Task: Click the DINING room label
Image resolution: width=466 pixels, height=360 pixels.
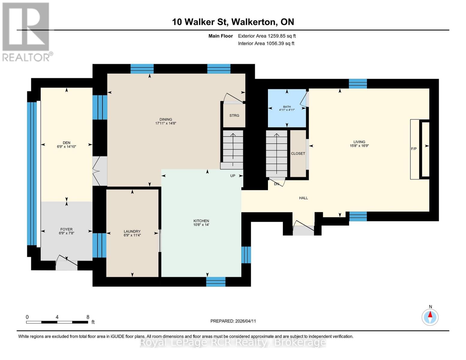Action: click(x=166, y=119)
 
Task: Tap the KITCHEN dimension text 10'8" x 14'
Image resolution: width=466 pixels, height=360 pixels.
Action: click(x=201, y=225)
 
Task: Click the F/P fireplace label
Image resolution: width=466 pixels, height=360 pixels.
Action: click(x=413, y=149)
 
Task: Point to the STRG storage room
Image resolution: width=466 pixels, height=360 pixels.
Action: click(x=234, y=115)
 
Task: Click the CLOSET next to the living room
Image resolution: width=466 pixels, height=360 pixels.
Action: click(x=298, y=154)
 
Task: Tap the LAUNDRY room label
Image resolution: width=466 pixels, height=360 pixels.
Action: click(x=132, y=231)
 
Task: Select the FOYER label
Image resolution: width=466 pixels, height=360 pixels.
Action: click(x=66, y=229)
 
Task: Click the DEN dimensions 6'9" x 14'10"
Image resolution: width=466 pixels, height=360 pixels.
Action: click(x=66, y=147)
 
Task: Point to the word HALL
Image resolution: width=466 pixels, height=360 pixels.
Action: click(x=303, y=198)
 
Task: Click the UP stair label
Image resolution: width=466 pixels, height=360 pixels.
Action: click(x=233, y=176)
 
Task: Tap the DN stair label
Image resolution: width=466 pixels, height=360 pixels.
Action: click(x=276, y=184)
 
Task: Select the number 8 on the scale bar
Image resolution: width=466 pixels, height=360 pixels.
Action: click(x=88, y=317)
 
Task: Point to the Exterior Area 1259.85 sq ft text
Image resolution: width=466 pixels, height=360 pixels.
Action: click(x=267, y=36)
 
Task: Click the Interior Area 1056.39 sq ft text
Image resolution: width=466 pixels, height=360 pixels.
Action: click(x=266, y=43)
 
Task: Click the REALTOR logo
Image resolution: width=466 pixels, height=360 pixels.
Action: click(x=26, y=31)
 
